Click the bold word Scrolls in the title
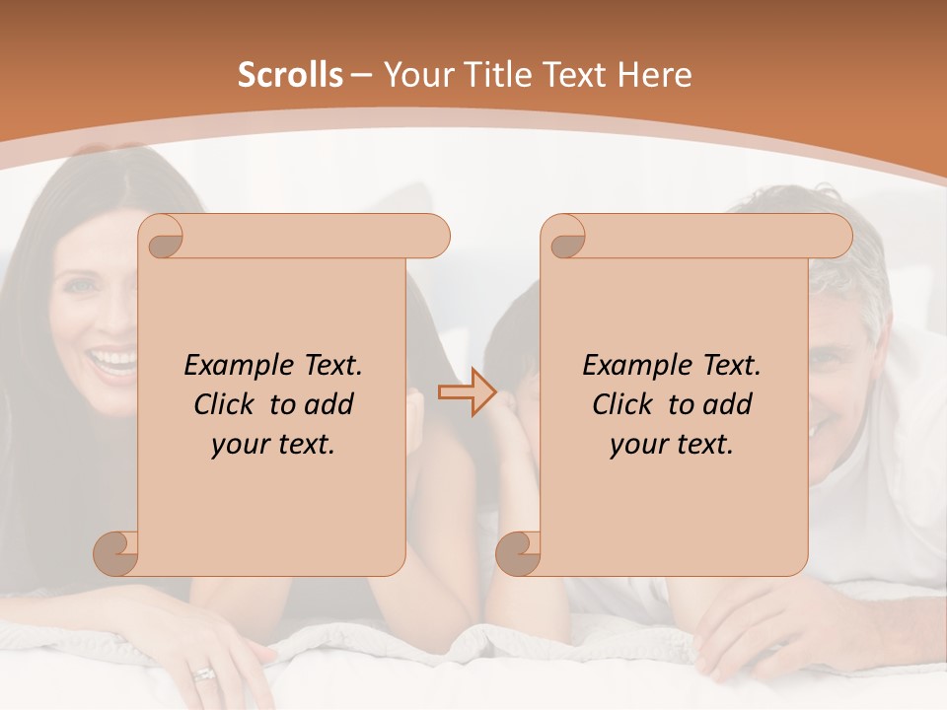(290, 75)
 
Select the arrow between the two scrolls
(467, 392)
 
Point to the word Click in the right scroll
(622, 404)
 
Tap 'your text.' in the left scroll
(273, 444)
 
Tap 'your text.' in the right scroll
(672, 444)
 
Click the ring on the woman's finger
(204, 674)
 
